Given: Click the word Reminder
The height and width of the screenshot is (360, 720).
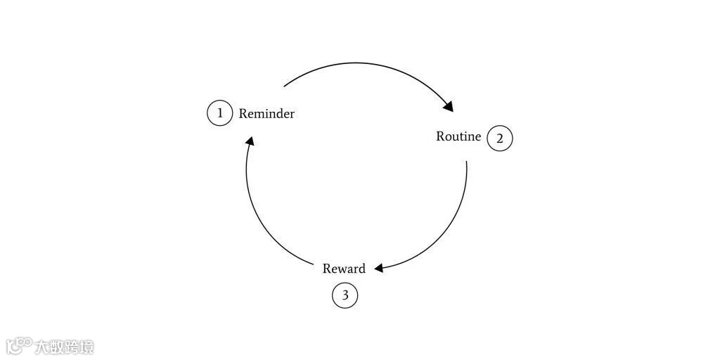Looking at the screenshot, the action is (266, 113).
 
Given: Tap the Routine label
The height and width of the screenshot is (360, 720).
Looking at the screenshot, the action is (458, 136).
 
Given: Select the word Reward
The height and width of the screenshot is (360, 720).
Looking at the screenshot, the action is (344, 269).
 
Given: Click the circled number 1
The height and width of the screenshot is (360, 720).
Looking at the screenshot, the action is (219, 112).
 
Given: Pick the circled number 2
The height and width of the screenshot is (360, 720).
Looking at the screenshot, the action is (500, 139).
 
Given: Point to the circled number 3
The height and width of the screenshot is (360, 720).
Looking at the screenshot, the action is (345, 295).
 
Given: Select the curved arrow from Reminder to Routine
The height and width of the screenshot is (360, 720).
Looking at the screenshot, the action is (366, 65).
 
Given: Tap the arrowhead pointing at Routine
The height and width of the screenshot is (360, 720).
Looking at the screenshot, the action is (448, 106).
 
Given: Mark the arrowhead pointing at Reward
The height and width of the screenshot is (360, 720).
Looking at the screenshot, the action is (379, 268).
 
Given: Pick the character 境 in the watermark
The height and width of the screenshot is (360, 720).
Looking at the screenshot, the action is (86, 347).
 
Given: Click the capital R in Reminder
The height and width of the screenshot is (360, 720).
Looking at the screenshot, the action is (243, 113).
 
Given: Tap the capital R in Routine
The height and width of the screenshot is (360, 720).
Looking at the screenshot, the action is (440, 136).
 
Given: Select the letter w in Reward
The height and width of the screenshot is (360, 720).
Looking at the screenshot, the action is (341, 269).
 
